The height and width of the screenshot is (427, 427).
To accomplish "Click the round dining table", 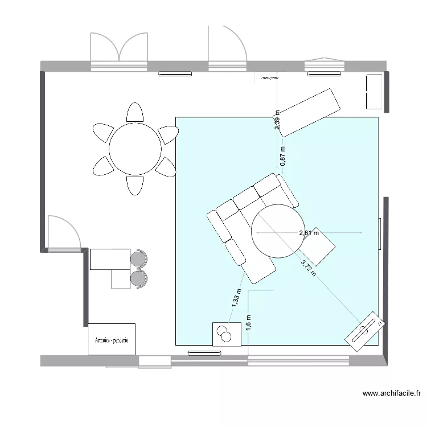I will click(x=135, y=150).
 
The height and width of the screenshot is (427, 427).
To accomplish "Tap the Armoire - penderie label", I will click(x=112, y=340).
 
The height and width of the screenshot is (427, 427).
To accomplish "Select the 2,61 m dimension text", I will click(x=309, y=233).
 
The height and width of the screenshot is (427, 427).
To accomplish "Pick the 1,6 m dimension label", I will click(x=248, y=322).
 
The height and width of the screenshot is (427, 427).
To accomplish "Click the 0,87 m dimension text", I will click(x=282, y=156).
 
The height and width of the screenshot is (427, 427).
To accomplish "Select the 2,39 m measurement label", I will click(x=277, y=120).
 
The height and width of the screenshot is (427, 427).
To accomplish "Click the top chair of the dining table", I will click(x=134, y=112).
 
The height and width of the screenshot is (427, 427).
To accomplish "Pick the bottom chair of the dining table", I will click(x=135, y=186).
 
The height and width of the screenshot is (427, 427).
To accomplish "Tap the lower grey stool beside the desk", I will click(x=139, y=278).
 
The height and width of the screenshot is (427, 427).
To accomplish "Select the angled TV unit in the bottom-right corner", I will click(x=363, y=329).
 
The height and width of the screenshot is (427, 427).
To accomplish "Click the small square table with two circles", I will click(x=227, y=334).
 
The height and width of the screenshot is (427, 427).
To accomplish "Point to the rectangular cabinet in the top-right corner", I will click(x=374, y=91).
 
